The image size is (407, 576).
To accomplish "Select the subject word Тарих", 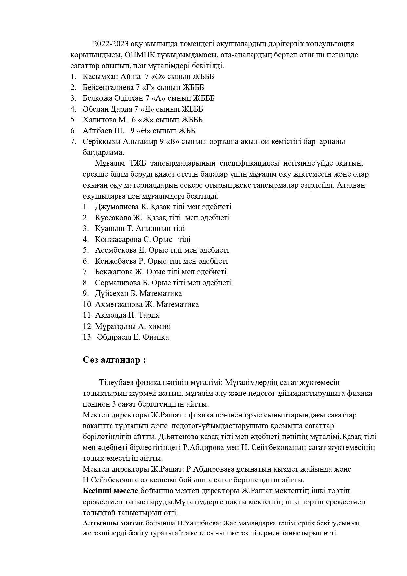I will pyautogui.click(x=149, y=315).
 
